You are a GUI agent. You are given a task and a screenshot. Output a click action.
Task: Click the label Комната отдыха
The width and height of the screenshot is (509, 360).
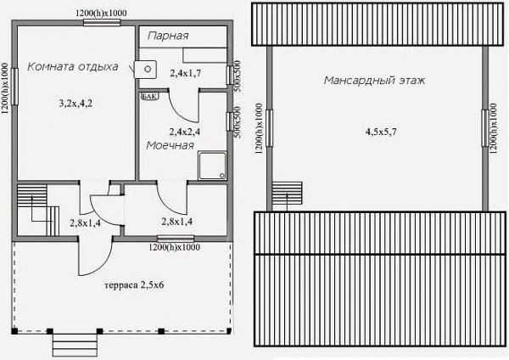(73, 67)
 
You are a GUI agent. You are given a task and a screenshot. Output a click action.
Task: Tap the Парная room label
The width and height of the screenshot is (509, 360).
(168, 36)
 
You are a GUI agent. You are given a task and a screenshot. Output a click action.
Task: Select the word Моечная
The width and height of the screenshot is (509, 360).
(170, 145)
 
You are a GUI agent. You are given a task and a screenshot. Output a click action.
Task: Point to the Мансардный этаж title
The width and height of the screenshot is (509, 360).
(374, 81)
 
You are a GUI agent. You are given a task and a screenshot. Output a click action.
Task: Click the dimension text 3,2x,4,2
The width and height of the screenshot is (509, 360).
(76, 104)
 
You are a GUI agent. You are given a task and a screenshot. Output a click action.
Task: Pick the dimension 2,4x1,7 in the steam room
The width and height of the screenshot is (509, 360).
(185, 73)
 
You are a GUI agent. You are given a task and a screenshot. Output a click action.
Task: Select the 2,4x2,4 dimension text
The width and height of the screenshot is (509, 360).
(185, 132)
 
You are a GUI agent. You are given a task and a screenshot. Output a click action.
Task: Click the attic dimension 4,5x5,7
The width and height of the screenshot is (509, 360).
(381, 132)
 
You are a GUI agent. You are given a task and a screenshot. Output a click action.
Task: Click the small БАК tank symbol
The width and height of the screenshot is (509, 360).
(149, 96)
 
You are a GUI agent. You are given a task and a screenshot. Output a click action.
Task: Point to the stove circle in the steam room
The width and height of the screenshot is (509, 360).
(148, 69)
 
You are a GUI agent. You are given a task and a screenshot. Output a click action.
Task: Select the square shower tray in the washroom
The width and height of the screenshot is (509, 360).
(212, 166)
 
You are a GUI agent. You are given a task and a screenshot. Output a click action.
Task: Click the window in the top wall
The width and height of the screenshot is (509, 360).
(102, 22)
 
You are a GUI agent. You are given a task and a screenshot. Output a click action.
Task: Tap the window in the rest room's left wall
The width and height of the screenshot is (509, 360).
(14, 87)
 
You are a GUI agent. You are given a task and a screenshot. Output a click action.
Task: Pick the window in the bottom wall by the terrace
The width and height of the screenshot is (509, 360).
(176, 239)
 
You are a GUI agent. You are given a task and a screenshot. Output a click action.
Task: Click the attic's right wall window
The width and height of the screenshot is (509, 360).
(485, 128)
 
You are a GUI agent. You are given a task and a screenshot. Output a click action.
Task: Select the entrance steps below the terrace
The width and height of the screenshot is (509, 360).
(75, 345)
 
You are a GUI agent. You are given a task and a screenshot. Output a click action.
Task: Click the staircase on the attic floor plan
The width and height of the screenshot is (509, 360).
(287, 194)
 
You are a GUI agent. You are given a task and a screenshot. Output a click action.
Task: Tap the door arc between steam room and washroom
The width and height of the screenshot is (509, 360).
(182, 110)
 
